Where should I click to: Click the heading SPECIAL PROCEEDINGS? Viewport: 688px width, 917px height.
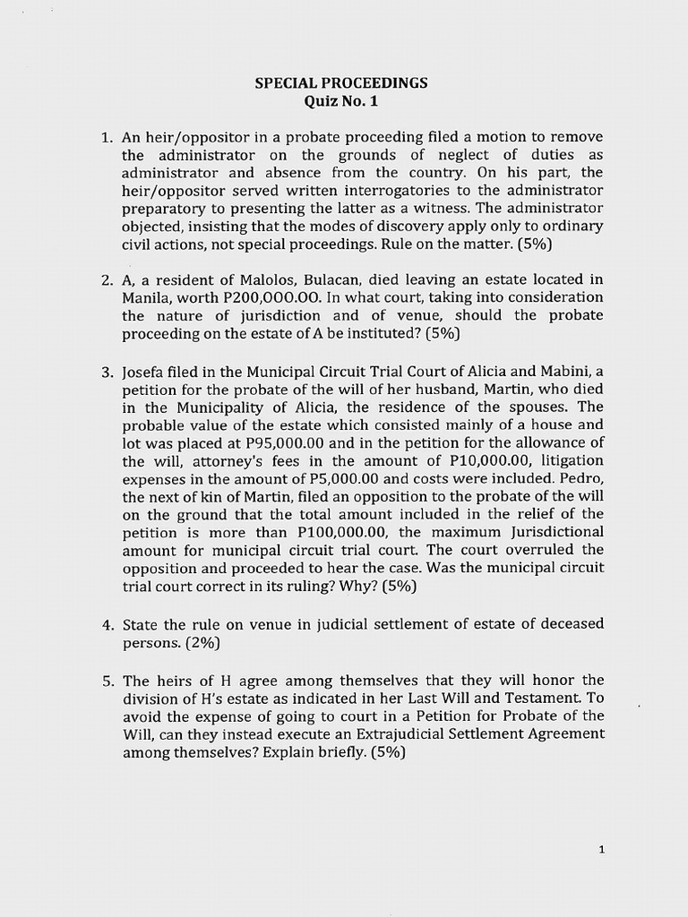click(341, 83)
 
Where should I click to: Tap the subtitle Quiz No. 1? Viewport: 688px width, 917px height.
click(341, 101)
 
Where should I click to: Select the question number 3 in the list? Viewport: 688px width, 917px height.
click(106, 372)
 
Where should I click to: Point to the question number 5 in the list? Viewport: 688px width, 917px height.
click(106, 681)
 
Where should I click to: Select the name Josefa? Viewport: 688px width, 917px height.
click(144, 372)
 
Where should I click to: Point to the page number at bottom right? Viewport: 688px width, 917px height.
click(602, 851)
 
